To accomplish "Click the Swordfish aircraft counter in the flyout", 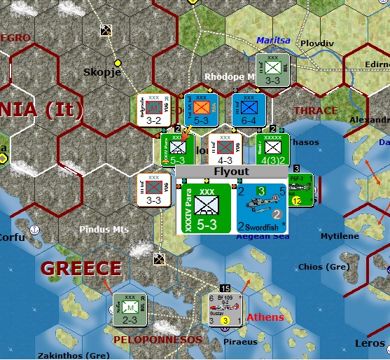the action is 261,207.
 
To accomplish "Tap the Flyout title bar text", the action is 231,171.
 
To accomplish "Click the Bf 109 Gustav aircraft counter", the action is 225,310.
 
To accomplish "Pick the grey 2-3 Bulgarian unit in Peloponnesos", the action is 130,310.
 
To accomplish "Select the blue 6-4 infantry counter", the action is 249,111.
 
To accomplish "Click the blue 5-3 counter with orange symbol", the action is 201,111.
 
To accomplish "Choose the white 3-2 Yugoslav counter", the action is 154,111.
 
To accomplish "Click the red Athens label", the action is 265,317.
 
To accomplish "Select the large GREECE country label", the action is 81,268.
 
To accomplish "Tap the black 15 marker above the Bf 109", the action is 225,289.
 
